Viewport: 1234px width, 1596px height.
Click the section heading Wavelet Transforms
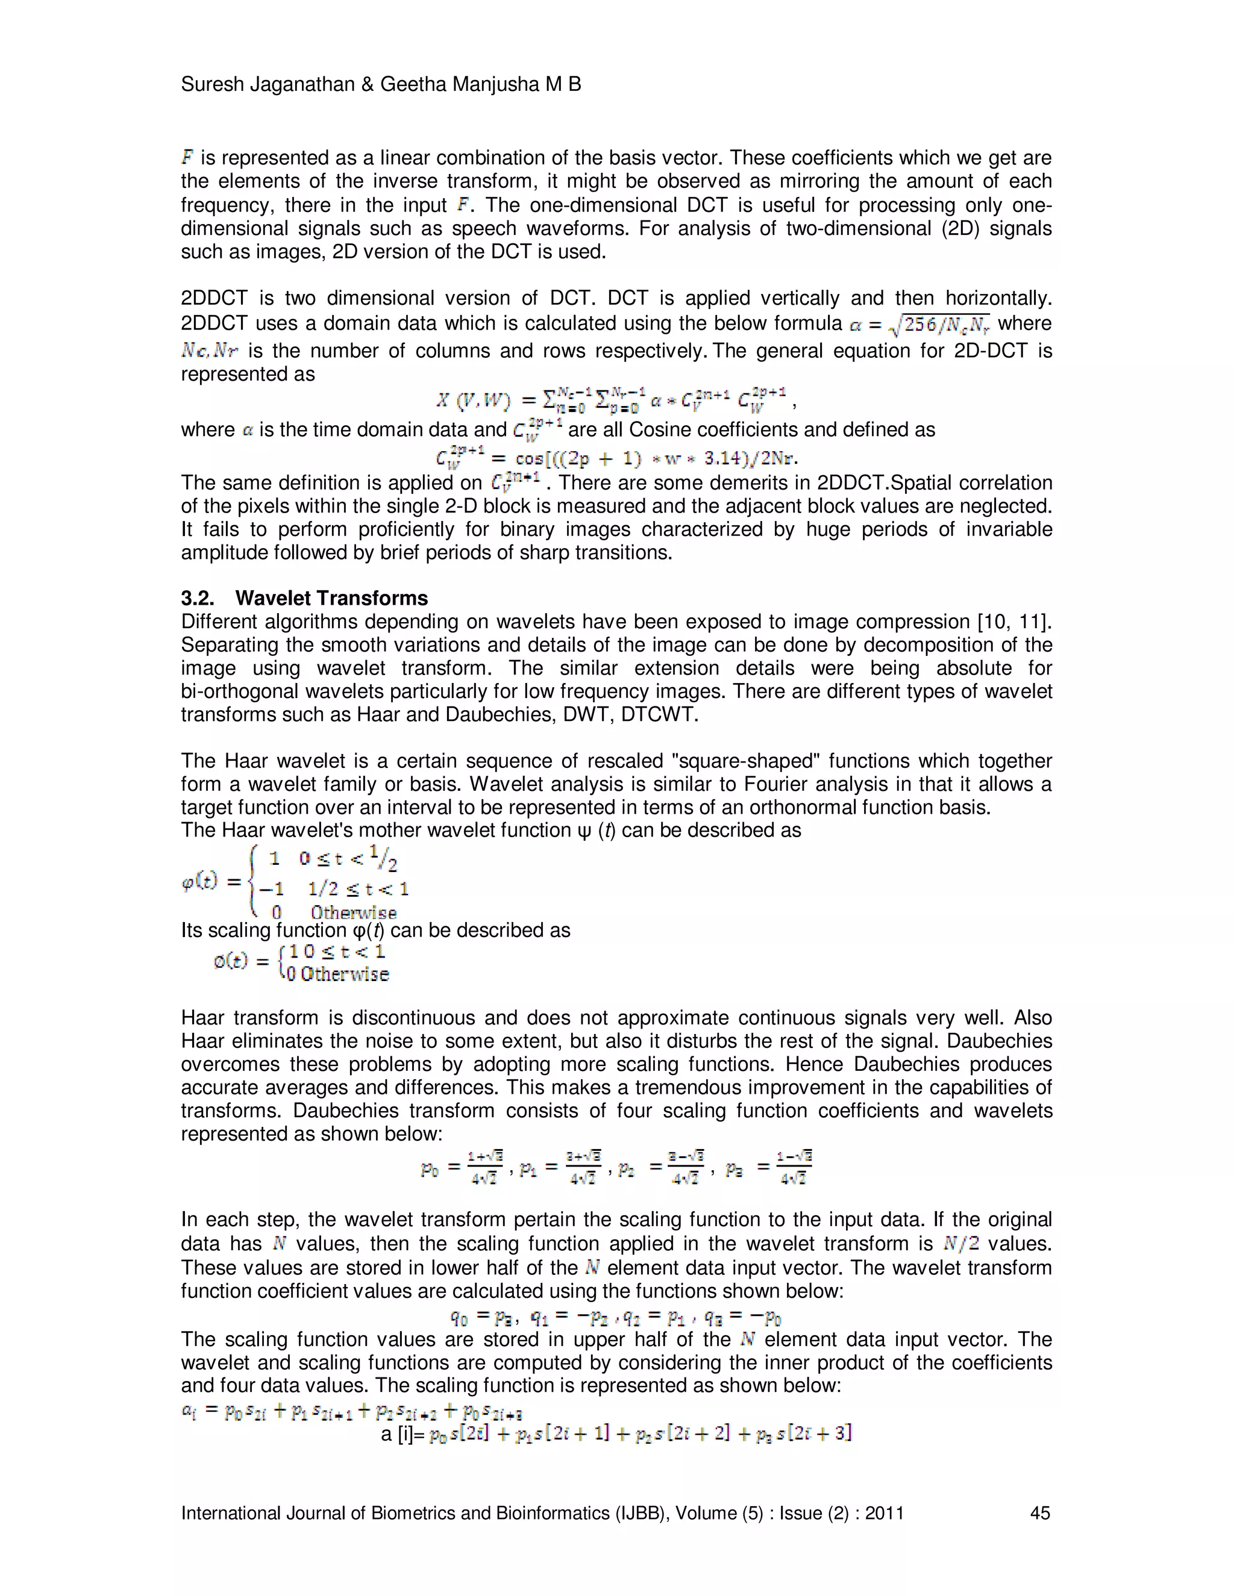point(331,599)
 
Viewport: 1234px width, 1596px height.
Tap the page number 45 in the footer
point(1039,1513)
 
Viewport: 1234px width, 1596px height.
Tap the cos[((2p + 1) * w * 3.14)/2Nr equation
point(616,458)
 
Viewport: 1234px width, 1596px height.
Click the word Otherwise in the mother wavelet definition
point(353,912)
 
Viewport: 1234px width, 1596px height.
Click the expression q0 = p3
point(483,1318)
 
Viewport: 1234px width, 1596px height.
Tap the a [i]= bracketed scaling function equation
point(616,1433)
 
